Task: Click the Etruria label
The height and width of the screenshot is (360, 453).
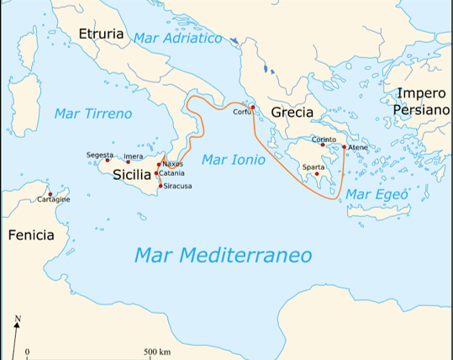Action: (x=100, y=34)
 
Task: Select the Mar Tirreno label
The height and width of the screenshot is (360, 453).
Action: (x=92, y=113)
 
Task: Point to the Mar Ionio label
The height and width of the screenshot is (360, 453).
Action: (x=229, y=159)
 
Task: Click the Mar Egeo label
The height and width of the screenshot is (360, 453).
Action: (x=377, y=194)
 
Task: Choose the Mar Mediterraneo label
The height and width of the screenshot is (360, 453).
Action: (x=223, y=254)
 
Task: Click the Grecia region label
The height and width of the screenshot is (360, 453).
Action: (x=292, y=112)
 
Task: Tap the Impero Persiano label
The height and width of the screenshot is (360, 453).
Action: (x=424, y=103)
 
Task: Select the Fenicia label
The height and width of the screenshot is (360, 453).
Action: (x=30, y=235)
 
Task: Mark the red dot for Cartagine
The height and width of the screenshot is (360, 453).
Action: (x=50, y=193)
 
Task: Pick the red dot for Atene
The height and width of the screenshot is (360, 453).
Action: (x=344, y=146)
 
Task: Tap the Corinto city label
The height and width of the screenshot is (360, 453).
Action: (x=324, y=139)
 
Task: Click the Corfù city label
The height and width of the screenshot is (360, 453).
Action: (x=243, y=111)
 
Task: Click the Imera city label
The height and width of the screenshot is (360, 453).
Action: (x=133, y=156)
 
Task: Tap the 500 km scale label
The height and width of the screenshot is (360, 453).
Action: (x=157, y=352)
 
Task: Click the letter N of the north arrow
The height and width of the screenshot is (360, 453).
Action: (x=18, y=319)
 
